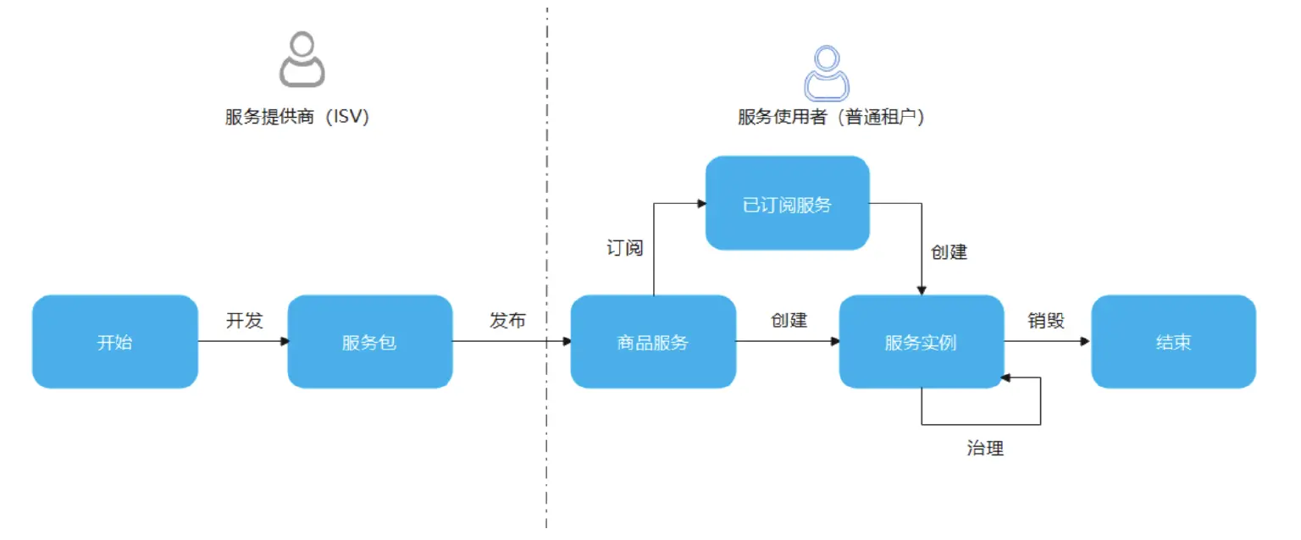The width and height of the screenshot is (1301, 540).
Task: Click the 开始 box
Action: coord(114,342)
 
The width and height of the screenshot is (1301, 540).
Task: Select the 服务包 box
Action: coord(369,342)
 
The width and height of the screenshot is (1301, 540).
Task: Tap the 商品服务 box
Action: coord(652,342)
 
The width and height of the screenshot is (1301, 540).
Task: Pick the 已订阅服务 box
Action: coord(787,204)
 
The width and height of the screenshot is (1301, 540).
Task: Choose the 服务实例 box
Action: coord(921,342)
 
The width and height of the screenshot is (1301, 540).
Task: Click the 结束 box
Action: coord(1173,342)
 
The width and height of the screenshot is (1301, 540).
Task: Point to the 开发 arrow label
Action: coord(244,321)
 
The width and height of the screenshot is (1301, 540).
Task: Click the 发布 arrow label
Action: coord(507,321)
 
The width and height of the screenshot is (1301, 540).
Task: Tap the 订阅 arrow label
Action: coord(625,248)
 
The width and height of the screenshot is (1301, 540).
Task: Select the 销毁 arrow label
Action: coord(1046,321)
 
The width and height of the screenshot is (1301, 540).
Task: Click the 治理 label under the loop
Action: coord(985,449)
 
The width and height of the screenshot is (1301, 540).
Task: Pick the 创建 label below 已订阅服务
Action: coord(949,251)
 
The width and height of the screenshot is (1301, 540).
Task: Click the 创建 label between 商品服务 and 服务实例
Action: coord(789,321)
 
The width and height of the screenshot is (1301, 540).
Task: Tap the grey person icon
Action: coord(302,62)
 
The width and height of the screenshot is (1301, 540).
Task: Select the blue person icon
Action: coord(826,74)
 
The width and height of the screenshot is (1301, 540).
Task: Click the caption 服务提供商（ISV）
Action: coord(297,118)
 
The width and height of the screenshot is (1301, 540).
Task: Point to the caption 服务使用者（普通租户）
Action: coord(830,118)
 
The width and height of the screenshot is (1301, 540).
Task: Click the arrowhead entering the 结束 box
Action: coord(1085,342)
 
